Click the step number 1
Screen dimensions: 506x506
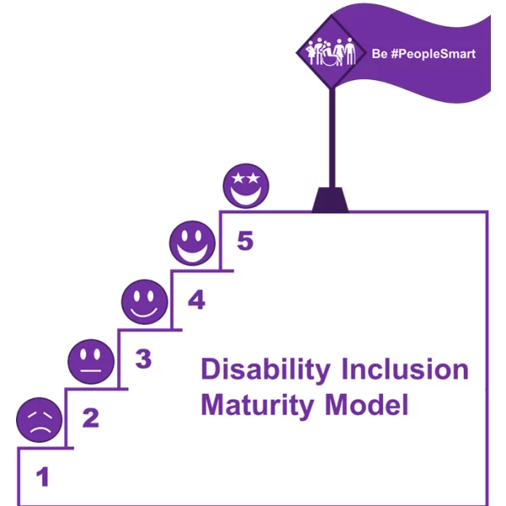coord(42,478)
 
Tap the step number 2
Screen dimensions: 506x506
coord(90,417)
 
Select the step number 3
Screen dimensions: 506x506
coord(143,360)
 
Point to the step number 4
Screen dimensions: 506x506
coord(196,300)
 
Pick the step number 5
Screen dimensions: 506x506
coord(245,241)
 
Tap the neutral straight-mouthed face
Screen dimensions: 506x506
coord(90,361)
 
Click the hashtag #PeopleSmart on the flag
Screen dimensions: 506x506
coord(432,54)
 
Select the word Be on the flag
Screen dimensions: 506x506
coord(379,54)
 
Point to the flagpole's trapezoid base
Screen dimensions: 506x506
coord(331,200)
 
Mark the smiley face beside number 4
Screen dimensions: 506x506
coord(144,301)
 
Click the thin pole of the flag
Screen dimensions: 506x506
coord(331,135)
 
